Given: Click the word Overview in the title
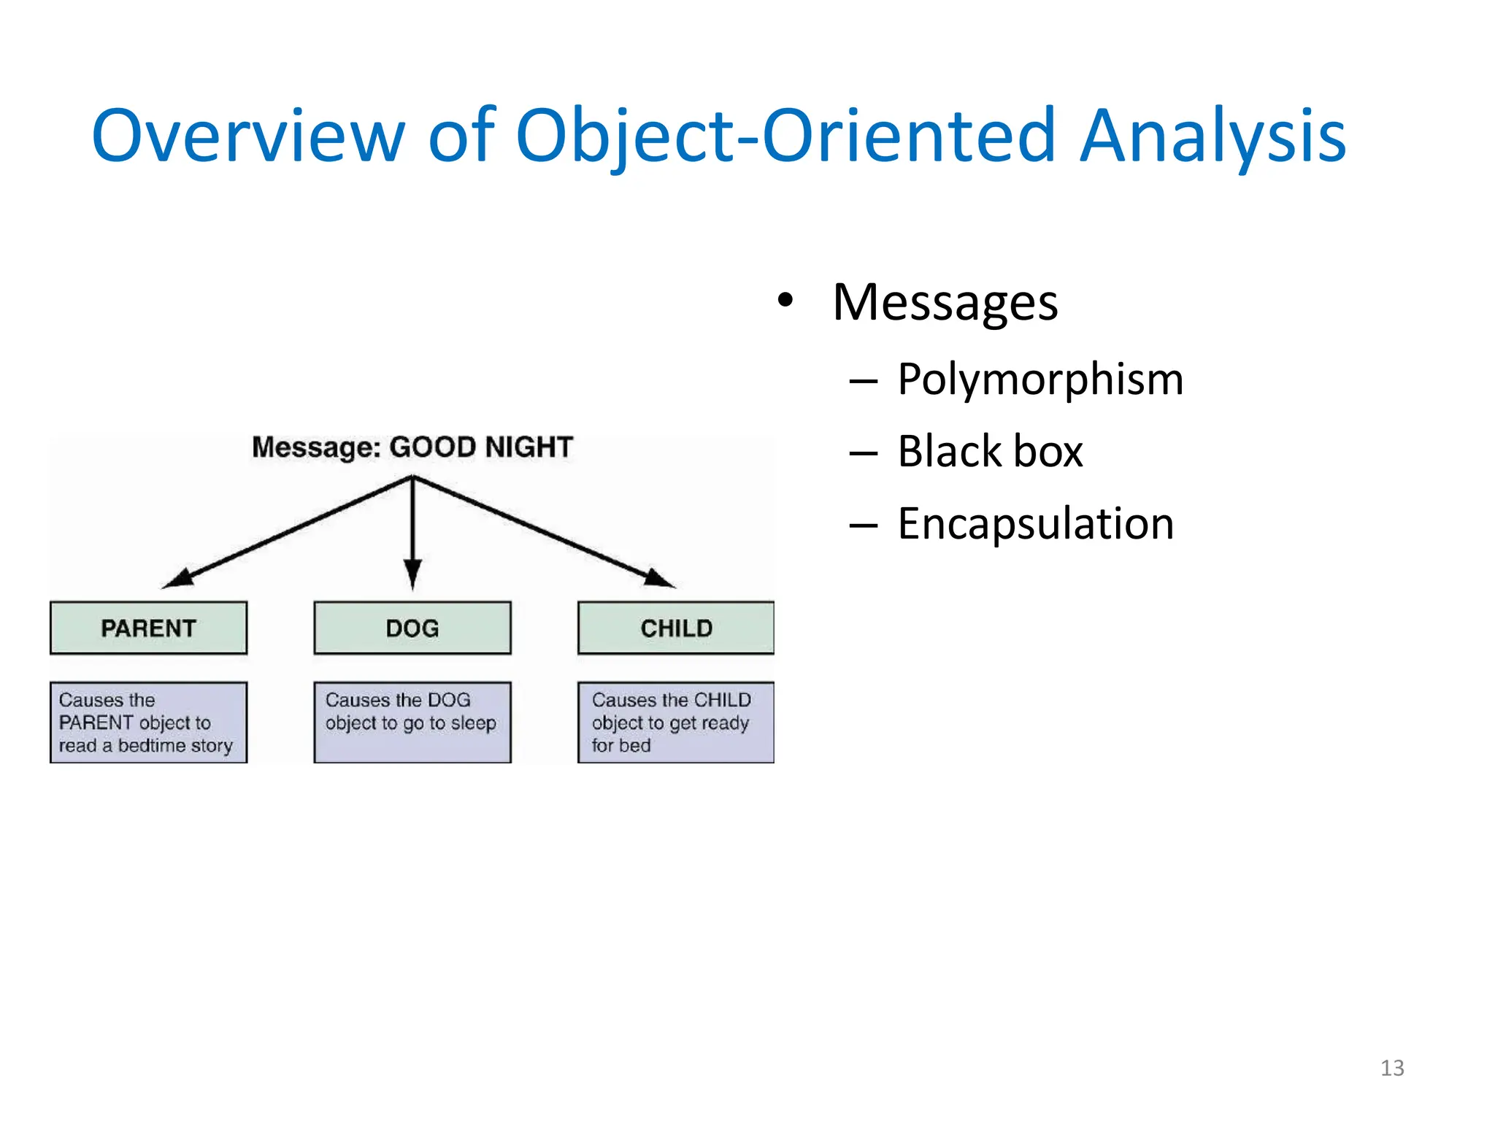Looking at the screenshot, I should pos(248,136).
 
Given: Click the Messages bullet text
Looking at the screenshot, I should pos(945,302).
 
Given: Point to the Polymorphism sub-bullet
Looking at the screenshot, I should pos(1039,380).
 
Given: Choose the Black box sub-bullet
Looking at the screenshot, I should pos(990,451).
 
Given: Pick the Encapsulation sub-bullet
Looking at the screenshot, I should pos(1035,523).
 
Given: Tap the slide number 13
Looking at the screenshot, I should pos(1391,1068).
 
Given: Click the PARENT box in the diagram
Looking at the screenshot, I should pos(148,628).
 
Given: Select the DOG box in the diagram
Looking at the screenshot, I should pos(412,628).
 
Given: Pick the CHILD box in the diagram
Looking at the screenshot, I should pos(676,628).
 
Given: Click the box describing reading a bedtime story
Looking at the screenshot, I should pos(148,723).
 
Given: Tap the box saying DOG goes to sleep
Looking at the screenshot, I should pos(412,723).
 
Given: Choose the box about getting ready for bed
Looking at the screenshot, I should pos(676,723).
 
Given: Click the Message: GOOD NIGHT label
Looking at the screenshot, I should pos(412,447).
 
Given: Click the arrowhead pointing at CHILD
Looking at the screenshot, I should pos(658,578).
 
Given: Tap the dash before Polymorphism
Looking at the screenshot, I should pos(863,381).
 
